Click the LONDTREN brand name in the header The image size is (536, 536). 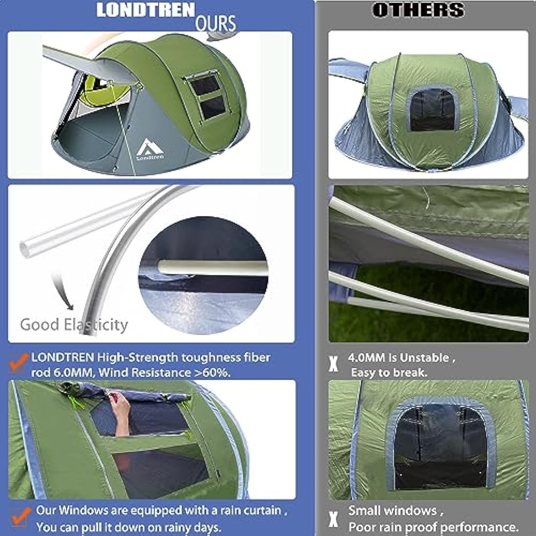(145, 10)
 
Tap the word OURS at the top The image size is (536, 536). (216, 23)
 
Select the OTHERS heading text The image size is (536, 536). (418, 10)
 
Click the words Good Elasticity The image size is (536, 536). (74, 325)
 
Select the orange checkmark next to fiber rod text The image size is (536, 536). (19, 363)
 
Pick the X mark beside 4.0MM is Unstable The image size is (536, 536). (333, 364)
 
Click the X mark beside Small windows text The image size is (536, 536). (333, 518)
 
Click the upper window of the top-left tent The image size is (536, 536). (204, 85)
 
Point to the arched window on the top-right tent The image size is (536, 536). (433, 109)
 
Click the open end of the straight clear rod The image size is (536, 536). (25, 249)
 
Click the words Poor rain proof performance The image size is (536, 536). (433, 527)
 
